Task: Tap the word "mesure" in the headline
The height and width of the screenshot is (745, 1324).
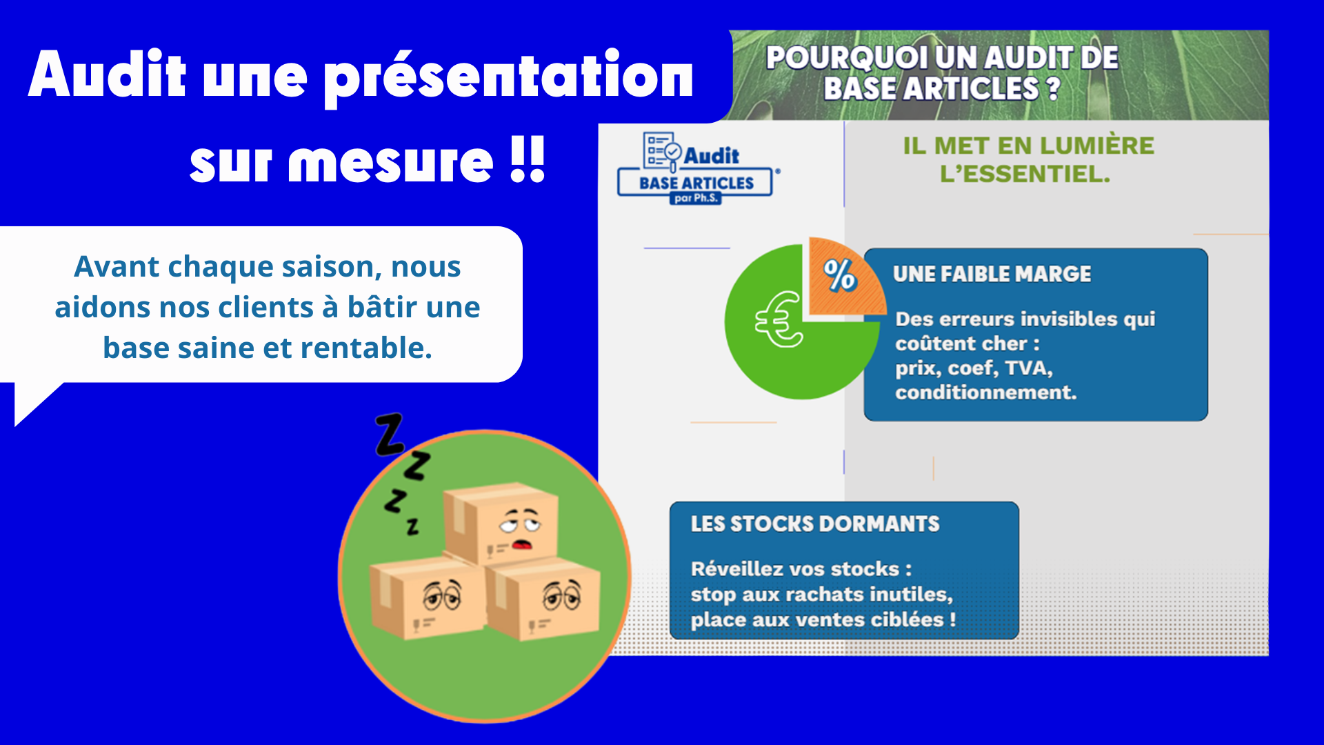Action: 390,163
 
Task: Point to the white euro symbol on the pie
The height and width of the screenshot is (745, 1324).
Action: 779,319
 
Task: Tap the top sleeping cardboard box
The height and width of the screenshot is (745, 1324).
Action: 500,522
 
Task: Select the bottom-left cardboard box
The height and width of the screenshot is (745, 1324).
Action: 425,597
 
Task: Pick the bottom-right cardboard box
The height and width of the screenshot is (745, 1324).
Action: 543,599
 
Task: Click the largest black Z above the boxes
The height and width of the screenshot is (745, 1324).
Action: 390,434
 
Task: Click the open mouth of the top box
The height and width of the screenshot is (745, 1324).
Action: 521,544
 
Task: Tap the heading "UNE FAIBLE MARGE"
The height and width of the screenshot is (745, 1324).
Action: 992,274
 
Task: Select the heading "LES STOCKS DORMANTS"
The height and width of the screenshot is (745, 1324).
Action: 815,524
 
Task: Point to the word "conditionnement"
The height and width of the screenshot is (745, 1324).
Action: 985,393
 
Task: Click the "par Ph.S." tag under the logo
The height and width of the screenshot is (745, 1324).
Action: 695,198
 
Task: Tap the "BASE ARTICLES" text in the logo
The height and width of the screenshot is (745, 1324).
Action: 696,183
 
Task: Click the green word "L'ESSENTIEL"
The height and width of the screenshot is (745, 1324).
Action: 1025,174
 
